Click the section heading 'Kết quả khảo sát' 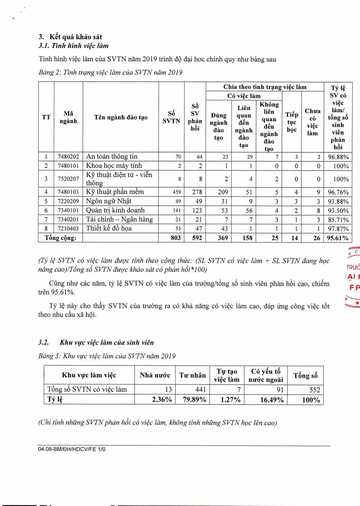click(75, 37)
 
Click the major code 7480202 click(68, 157)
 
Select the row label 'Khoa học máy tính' click(114, 166)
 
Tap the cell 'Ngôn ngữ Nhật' click(109, 201)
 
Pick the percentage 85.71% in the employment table click(338, 220)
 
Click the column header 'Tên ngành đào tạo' click(121, 117)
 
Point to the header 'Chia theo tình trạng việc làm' click(265, 87)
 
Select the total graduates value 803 click(175, 238)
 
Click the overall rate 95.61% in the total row click(337, 238)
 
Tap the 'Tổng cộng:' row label click(60, 238)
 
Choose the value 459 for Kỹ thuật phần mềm click(177, 192)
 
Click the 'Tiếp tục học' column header click(292, 122)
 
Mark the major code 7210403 click(68, 229)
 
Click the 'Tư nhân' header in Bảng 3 click(192, 375)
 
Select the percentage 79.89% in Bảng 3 click(194, 400)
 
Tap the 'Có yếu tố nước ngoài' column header click(265, 375)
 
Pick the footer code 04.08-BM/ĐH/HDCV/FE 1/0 click(72, 449)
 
